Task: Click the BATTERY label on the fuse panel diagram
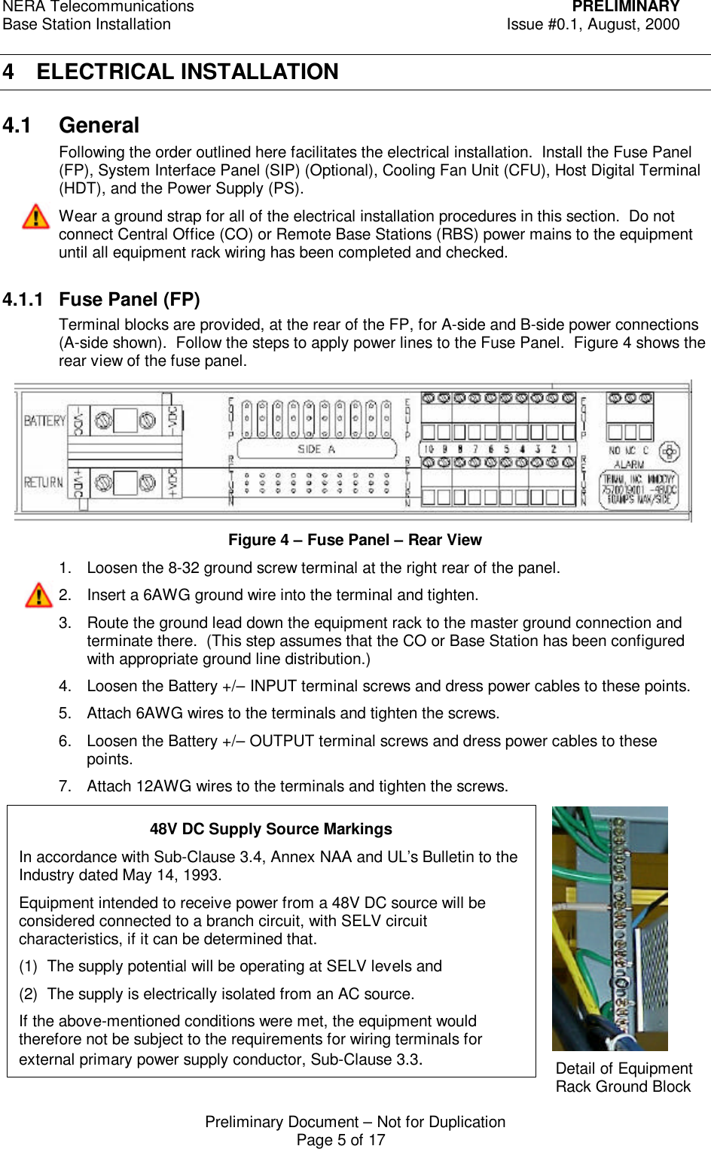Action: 44,420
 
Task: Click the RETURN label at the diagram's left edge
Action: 43,482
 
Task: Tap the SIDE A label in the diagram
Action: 316,450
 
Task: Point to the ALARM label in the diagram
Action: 629,465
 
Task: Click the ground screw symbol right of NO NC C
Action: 669,452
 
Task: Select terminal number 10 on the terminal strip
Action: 428,450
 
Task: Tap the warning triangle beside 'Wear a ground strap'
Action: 35,217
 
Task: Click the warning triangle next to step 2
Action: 38,595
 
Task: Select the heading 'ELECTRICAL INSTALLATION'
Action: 188,72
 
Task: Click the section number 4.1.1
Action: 23,300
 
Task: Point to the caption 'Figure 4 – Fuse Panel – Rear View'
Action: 355,540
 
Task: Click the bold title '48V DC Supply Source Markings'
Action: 270,829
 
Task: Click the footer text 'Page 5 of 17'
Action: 340,1140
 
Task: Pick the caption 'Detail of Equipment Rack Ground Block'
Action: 623,1077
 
